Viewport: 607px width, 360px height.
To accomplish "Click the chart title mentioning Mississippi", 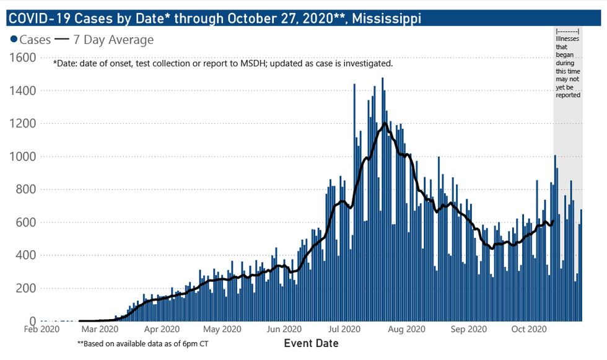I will [214, 19].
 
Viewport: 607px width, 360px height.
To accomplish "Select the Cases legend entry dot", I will [14, 40].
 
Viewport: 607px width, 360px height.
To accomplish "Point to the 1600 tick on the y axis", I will [24, 58].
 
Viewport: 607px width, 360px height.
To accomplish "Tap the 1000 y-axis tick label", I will [24, 157].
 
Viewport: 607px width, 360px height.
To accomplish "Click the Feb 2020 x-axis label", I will [42, 330].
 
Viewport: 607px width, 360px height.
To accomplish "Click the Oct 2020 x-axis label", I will [527, 330].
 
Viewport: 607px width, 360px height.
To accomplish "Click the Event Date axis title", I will [311, 343].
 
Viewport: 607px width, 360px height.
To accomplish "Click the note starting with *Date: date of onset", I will [223, 63].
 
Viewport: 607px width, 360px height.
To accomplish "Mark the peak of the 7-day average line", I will [385, 123].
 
